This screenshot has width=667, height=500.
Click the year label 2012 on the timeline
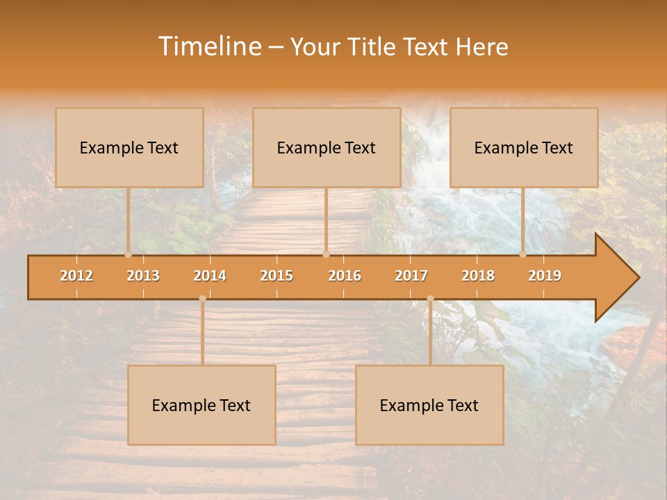pos(76,276)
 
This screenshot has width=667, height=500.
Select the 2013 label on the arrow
pos(143,276)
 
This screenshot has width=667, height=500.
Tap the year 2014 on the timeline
pos(210,276)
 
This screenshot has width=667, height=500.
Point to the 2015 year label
pos(277,276)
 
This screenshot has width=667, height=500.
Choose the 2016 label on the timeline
pos(345,276)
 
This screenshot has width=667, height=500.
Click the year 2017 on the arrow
pos(411,276)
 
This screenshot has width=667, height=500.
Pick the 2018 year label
pos(478,276)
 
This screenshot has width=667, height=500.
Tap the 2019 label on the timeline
pos(545,276)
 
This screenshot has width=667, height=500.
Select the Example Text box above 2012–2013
pos(129,147)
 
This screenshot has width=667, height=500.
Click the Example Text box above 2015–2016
pos(327,147)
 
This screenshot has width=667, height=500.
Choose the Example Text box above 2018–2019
pos(524,147)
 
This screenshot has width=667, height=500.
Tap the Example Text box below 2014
pos(201,405)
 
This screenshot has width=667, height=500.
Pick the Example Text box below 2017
pos(429,405)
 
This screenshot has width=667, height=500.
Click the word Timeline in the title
pos(208,47)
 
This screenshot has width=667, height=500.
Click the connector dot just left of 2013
pos(128,254)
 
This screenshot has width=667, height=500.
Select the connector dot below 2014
pos(202,299)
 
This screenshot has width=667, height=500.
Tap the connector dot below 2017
pos(430,299)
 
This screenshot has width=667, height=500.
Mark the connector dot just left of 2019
pos(522,254)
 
